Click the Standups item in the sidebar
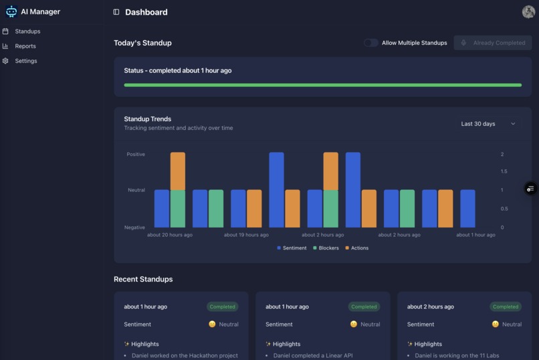coord(27,31)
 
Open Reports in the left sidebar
coord(25,46)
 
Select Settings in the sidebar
coord(26,61)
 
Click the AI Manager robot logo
coord(11,11)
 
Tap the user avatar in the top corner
coord(528,11)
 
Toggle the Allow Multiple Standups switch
coord(370,43)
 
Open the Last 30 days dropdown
coord(488,124)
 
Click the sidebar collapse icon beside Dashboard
coord(116,12)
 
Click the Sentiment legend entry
coord(292,248)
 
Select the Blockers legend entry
coord(326,248)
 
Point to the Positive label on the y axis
coord(136,155)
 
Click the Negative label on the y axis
coord(134,228)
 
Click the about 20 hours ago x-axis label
coord(170,235)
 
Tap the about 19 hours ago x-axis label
coord(246,235)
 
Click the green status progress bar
coord(322,85)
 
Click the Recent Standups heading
coord(143,279)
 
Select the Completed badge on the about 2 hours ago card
coord(506,306)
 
